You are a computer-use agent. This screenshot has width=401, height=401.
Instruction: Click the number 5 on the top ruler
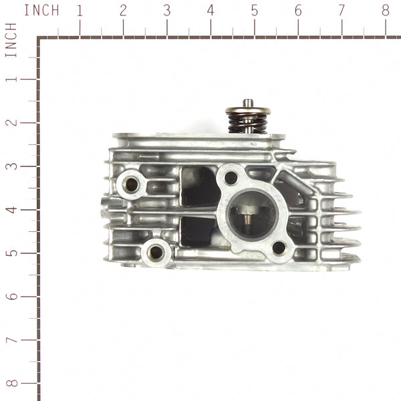coord(254,11)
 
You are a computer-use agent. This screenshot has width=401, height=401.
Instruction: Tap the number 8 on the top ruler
coord(385,11)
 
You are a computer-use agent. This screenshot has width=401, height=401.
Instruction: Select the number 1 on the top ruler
coord(80,11)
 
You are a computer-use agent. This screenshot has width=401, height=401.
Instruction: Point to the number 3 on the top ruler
coord(166,11)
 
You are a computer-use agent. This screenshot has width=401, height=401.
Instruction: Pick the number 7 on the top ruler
coord(342,11)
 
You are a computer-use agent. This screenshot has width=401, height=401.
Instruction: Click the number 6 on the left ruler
coord(11,296)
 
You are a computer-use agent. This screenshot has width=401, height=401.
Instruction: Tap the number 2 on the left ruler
coord(11,122)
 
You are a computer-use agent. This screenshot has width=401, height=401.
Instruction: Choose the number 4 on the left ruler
coord(11,209)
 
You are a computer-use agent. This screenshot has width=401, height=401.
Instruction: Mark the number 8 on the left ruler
coord(11,383)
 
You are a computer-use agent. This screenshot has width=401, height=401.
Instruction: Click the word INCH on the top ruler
coord(41,11)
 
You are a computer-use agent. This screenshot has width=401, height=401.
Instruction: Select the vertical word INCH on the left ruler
coord(11,40)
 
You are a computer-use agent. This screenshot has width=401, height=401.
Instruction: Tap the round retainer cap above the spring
coord(247,110)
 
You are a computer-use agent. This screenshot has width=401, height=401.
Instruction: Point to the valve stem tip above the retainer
coord(248,102)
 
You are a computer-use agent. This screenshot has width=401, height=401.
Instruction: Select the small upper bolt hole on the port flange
coord(231,178)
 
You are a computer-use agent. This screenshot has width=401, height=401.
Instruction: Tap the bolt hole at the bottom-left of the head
coord(156,252)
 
